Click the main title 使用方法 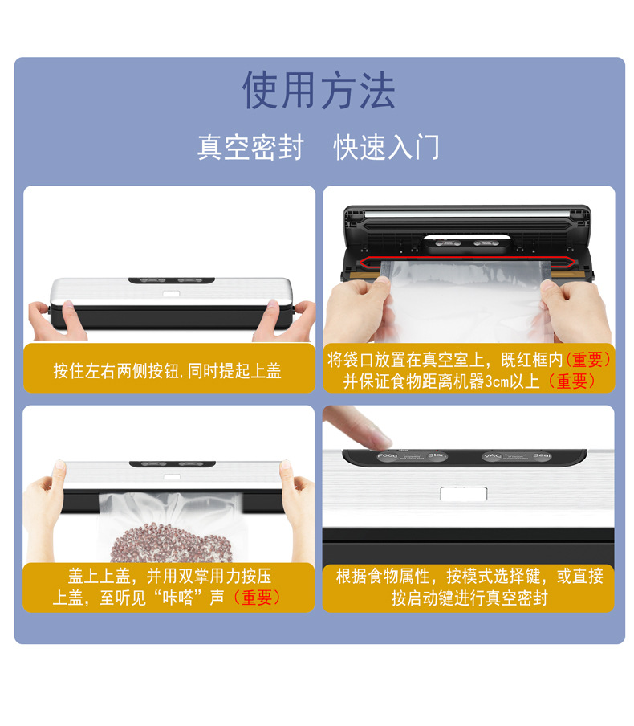(x=319, y=90)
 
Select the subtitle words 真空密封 (x=250, y=148)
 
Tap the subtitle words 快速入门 (x=387, y=148)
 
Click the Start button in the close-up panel (x=437, y=456)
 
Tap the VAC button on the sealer (x=492, y=456)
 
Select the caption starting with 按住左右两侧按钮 (x=168, y=370)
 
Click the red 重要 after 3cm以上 (x=571, y=381)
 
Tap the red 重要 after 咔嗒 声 (x=256, y=598)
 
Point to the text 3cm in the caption (x=496, y=381)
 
